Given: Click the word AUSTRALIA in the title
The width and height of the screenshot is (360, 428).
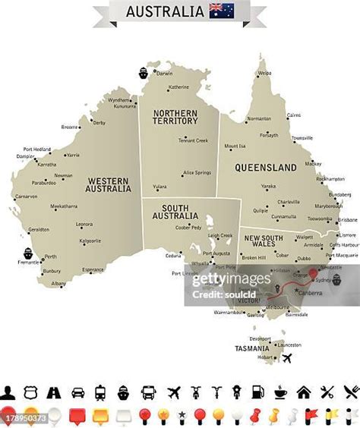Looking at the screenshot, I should (x=165, y=11).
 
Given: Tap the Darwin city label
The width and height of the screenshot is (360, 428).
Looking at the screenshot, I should (x=165, y=74).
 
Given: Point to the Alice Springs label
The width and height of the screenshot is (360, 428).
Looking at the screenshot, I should (x=197, y=172).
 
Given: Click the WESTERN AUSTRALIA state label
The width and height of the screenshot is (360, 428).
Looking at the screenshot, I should (x=108, y=185).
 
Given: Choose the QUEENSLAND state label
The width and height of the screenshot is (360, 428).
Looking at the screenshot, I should (x=265, y=167).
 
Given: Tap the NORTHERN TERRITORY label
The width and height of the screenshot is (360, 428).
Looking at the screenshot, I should (x=175, y=117).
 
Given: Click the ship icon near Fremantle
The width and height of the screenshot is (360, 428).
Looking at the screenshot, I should (x=27, y=252).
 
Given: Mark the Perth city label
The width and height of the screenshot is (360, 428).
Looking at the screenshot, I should (x=51, y=256).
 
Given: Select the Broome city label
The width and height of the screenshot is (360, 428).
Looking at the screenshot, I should (x=69, y=127).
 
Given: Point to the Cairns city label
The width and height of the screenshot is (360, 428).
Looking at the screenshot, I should (x=293, y=115).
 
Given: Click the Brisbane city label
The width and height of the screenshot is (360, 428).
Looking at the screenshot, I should (x=348, y=219).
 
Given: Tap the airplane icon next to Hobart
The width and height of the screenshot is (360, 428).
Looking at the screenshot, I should (x=287, y=358).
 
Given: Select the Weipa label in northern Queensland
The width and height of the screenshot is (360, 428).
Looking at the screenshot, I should (x=264, y=74).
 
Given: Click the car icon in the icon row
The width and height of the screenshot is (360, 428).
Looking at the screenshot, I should (x=77, y=392).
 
